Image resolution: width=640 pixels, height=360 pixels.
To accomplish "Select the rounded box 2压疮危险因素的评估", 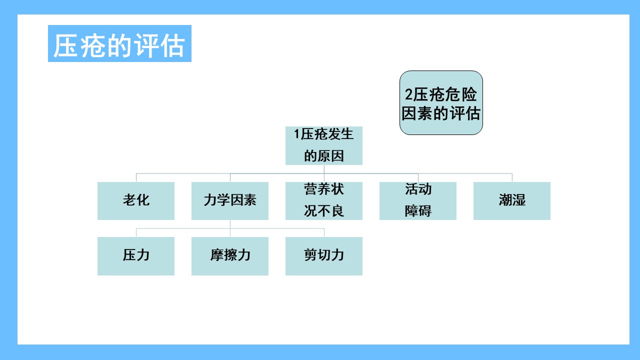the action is tap(441, 103).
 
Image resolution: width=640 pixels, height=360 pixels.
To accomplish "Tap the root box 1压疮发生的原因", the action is tap(323, 145).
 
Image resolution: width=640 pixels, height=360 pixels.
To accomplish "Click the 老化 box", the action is tap(135, 201).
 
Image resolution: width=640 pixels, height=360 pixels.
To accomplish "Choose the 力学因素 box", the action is tap(229, 201).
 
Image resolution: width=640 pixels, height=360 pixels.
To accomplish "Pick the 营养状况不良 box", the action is tap(323, 201).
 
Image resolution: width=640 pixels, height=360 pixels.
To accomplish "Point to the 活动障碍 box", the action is tap(417, 201).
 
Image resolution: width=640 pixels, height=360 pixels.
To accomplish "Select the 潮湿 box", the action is tap(511, 201).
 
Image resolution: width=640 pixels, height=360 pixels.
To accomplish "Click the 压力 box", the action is tap(135, 256).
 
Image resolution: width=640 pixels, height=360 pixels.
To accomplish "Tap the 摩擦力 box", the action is tap(229, 256).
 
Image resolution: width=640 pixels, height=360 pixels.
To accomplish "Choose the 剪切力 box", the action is tap(323, 256).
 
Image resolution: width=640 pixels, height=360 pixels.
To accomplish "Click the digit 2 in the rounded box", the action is tap(408, 94).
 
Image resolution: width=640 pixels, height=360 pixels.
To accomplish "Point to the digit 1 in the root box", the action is tap(296, 134).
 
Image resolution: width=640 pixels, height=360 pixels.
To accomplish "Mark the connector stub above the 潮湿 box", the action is tap(512, 177).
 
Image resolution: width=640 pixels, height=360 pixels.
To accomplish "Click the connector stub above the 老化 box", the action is tap(136, 177).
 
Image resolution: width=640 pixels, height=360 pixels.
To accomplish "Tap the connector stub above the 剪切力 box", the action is tap(324, 232).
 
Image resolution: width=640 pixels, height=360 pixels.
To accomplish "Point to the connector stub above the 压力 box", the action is tap(136, 232).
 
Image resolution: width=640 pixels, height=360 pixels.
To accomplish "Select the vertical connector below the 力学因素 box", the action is tap(230, 228).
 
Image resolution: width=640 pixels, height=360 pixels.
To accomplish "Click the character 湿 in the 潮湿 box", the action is tap(518, 199).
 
